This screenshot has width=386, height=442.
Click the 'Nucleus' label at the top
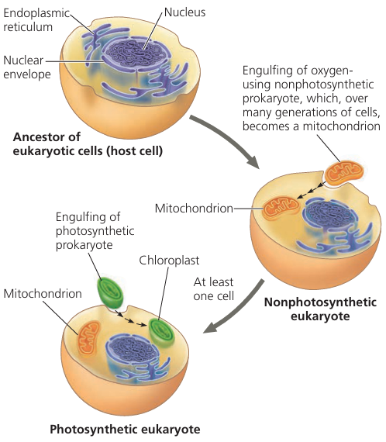185,13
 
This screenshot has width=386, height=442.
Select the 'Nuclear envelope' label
28,67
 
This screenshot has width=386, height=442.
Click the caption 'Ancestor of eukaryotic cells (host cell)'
88,143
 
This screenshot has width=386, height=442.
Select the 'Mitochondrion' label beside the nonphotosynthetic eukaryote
194,209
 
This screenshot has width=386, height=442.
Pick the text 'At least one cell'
212,290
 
